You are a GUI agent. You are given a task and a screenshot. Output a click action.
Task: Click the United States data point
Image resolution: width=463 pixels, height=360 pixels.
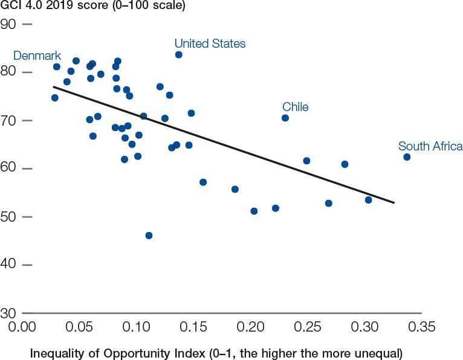pos(179,55)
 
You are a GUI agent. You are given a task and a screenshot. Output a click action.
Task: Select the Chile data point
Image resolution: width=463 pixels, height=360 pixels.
pos(285,118)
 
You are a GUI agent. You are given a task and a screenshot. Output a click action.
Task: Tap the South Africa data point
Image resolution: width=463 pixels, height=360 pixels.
pos(407,157)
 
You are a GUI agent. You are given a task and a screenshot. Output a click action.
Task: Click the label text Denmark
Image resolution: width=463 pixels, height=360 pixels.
pos(37,56)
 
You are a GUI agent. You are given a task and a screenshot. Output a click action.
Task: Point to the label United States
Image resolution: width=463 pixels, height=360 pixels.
pos(210,43)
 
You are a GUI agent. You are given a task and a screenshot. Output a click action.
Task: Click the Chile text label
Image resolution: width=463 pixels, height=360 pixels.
pos(295,107)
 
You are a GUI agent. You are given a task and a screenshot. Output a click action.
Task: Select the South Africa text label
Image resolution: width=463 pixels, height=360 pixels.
pos(430,146)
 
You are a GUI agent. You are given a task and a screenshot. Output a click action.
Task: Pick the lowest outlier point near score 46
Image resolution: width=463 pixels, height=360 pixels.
pos(149,236)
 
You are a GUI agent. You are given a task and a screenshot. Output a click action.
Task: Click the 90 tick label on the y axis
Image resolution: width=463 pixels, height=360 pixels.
pos(8,24)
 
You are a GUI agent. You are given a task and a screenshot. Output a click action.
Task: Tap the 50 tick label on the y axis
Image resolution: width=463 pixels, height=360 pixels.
pos(8,217)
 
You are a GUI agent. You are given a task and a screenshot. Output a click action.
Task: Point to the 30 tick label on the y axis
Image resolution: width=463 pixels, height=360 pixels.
pos(8,313)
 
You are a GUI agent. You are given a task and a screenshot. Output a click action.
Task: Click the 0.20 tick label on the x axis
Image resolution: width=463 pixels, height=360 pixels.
pos(250,327)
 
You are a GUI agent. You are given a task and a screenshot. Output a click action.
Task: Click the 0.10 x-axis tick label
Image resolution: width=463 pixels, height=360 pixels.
pos(136,327)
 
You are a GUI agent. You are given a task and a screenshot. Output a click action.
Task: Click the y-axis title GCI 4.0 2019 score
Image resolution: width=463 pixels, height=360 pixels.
pos(92,7)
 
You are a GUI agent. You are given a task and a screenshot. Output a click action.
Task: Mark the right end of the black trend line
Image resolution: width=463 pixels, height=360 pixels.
pos(394,203)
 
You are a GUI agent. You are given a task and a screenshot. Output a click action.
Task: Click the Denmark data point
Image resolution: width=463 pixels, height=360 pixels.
pos(57,67)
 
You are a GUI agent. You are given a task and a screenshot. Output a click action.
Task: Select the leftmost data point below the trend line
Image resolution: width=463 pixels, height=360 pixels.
pos(55,98)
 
